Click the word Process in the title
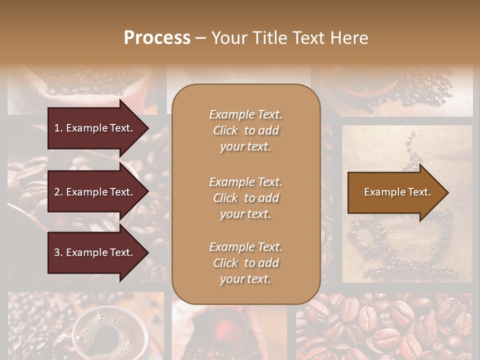tap(157, 38)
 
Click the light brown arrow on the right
tap(397, 192)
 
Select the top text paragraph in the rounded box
tap(245, 130)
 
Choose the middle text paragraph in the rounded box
tap(245, 197)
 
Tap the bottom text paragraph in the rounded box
tap(245, 263)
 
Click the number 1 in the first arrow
tap(57, 128)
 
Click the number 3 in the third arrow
tap(57, 252)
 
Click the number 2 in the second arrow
tap(57, 192)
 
